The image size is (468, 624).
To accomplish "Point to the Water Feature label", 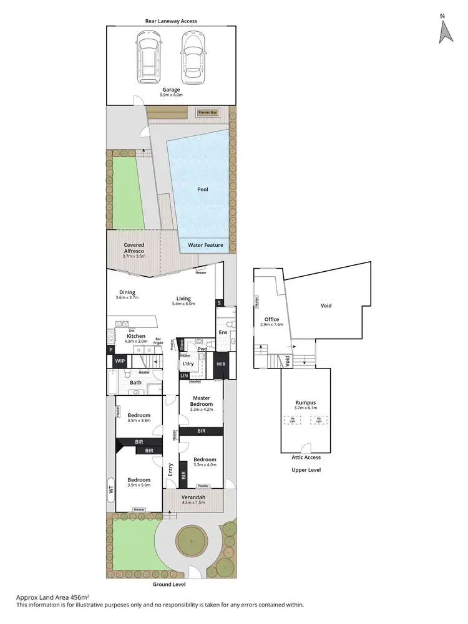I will click(x=205, y=245).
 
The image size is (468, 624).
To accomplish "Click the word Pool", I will click(x=202, y=189).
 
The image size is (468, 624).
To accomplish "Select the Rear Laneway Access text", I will click(x=171, y=21).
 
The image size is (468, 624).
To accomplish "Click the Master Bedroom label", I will click(x=200, y=401).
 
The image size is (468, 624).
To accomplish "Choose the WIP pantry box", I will click(x=120, y=361).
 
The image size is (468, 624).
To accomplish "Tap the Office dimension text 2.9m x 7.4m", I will click(x=271, y=325).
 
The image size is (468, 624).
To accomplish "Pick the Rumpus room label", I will click(x=306, y=403).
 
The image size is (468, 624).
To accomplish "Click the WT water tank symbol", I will click(x=111, y=490).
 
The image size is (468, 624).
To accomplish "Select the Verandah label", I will click(x=192, y=497).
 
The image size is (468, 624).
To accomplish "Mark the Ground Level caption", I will click(x=169, y=585).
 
